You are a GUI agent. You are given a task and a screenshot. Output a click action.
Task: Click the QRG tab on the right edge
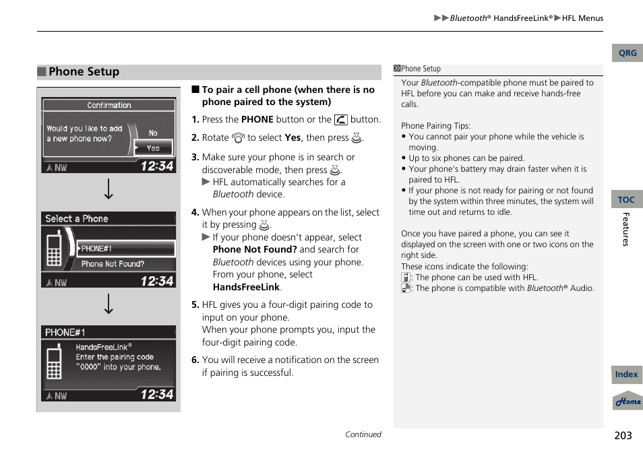[627, 53]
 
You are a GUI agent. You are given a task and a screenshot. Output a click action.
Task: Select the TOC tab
[626, 199]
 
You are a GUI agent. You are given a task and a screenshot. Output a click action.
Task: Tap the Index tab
[626, 375]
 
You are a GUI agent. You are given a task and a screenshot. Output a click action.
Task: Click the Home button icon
[627, 401]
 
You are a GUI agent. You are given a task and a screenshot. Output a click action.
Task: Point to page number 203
[623, 435]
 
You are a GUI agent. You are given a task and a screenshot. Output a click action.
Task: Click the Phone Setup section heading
[84, 72]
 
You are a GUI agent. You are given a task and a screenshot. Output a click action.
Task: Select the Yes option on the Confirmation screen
[153, 148]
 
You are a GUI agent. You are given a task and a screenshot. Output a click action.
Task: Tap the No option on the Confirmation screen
[153, 133]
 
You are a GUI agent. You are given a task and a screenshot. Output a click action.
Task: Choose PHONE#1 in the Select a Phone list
[125, 249]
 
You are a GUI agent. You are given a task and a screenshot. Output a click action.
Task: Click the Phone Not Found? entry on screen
[113, 264]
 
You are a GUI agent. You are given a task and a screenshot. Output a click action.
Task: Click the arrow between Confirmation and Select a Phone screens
[109, 189]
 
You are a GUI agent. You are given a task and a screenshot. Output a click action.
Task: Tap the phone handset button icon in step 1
[340, 120]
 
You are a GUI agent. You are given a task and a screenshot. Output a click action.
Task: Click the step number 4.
[195, 212]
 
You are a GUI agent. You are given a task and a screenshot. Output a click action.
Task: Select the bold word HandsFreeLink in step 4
[245, 287]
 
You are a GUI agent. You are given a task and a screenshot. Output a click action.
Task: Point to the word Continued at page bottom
[363, 434]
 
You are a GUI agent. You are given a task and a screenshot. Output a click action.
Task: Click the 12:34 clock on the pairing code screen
[156, 394]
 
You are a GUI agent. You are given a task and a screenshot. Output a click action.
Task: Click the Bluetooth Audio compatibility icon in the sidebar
[406, 288]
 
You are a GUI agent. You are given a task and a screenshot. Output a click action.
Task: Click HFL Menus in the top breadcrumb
[582, 18]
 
